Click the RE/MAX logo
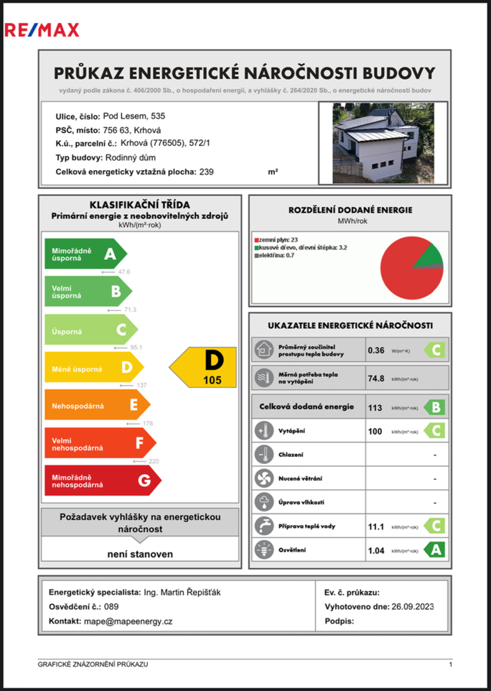pyautogui.click(x=42, y=29)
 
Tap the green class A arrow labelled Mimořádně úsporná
pyautogui.click(x=85, y=254)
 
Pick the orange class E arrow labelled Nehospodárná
pyautogui.click(x=96, y=405)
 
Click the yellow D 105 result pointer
pyautogui.click(x=204, y=367)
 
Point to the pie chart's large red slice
pyautogui.click(x=406, y=277)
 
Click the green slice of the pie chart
pyautogui.click(x=429, y=255)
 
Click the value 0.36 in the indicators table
pyautogui.click(x=375, y=351)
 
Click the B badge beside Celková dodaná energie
pyautogui.click(x=434, y=407)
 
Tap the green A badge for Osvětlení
pyautogui.click(x=434, y=550)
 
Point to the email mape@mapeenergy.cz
pyautogui.click(x=128, y=621)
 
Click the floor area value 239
pyautogui.click(x=206, y=172)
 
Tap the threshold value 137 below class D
pyautogui.click(x=141, y=386)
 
